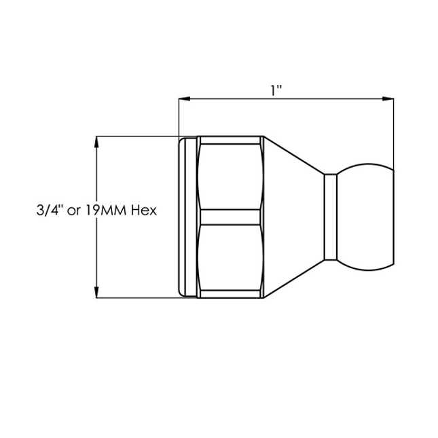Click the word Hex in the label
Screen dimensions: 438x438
click(x=144, y=211)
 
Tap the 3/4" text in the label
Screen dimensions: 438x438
click(x=47, y=211)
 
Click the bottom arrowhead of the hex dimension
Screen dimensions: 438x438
click(x=97, y=293)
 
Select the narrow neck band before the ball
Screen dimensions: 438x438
click(x=330, y=217)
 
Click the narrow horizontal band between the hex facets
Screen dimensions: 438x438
click(x=230, y=217)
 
